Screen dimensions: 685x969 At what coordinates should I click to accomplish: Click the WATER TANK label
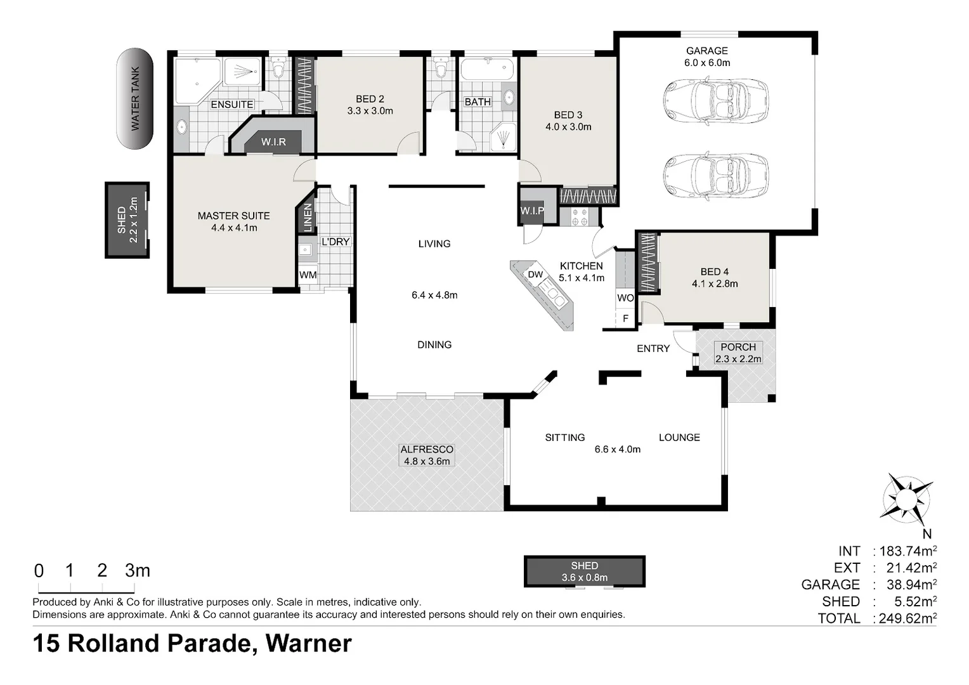(135, 99)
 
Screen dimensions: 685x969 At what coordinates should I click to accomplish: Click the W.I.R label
(273, 142)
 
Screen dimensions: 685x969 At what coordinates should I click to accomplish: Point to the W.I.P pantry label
(531, 211)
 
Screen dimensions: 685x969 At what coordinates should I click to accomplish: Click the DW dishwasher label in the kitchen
(535, 275)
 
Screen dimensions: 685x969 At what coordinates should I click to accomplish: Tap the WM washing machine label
(308, 275)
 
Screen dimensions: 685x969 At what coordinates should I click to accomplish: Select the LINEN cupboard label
(308, 218)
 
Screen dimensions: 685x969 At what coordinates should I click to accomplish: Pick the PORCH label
(738, 347)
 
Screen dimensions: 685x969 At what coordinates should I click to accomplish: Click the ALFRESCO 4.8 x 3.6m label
(427, 455)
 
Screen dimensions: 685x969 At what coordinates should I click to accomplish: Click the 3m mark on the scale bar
(137, 571)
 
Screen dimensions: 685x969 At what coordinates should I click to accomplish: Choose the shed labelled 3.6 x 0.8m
(584, 571)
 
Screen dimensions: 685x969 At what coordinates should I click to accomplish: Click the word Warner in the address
(309, 644)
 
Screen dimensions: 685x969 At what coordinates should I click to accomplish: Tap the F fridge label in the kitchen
(625, 318)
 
